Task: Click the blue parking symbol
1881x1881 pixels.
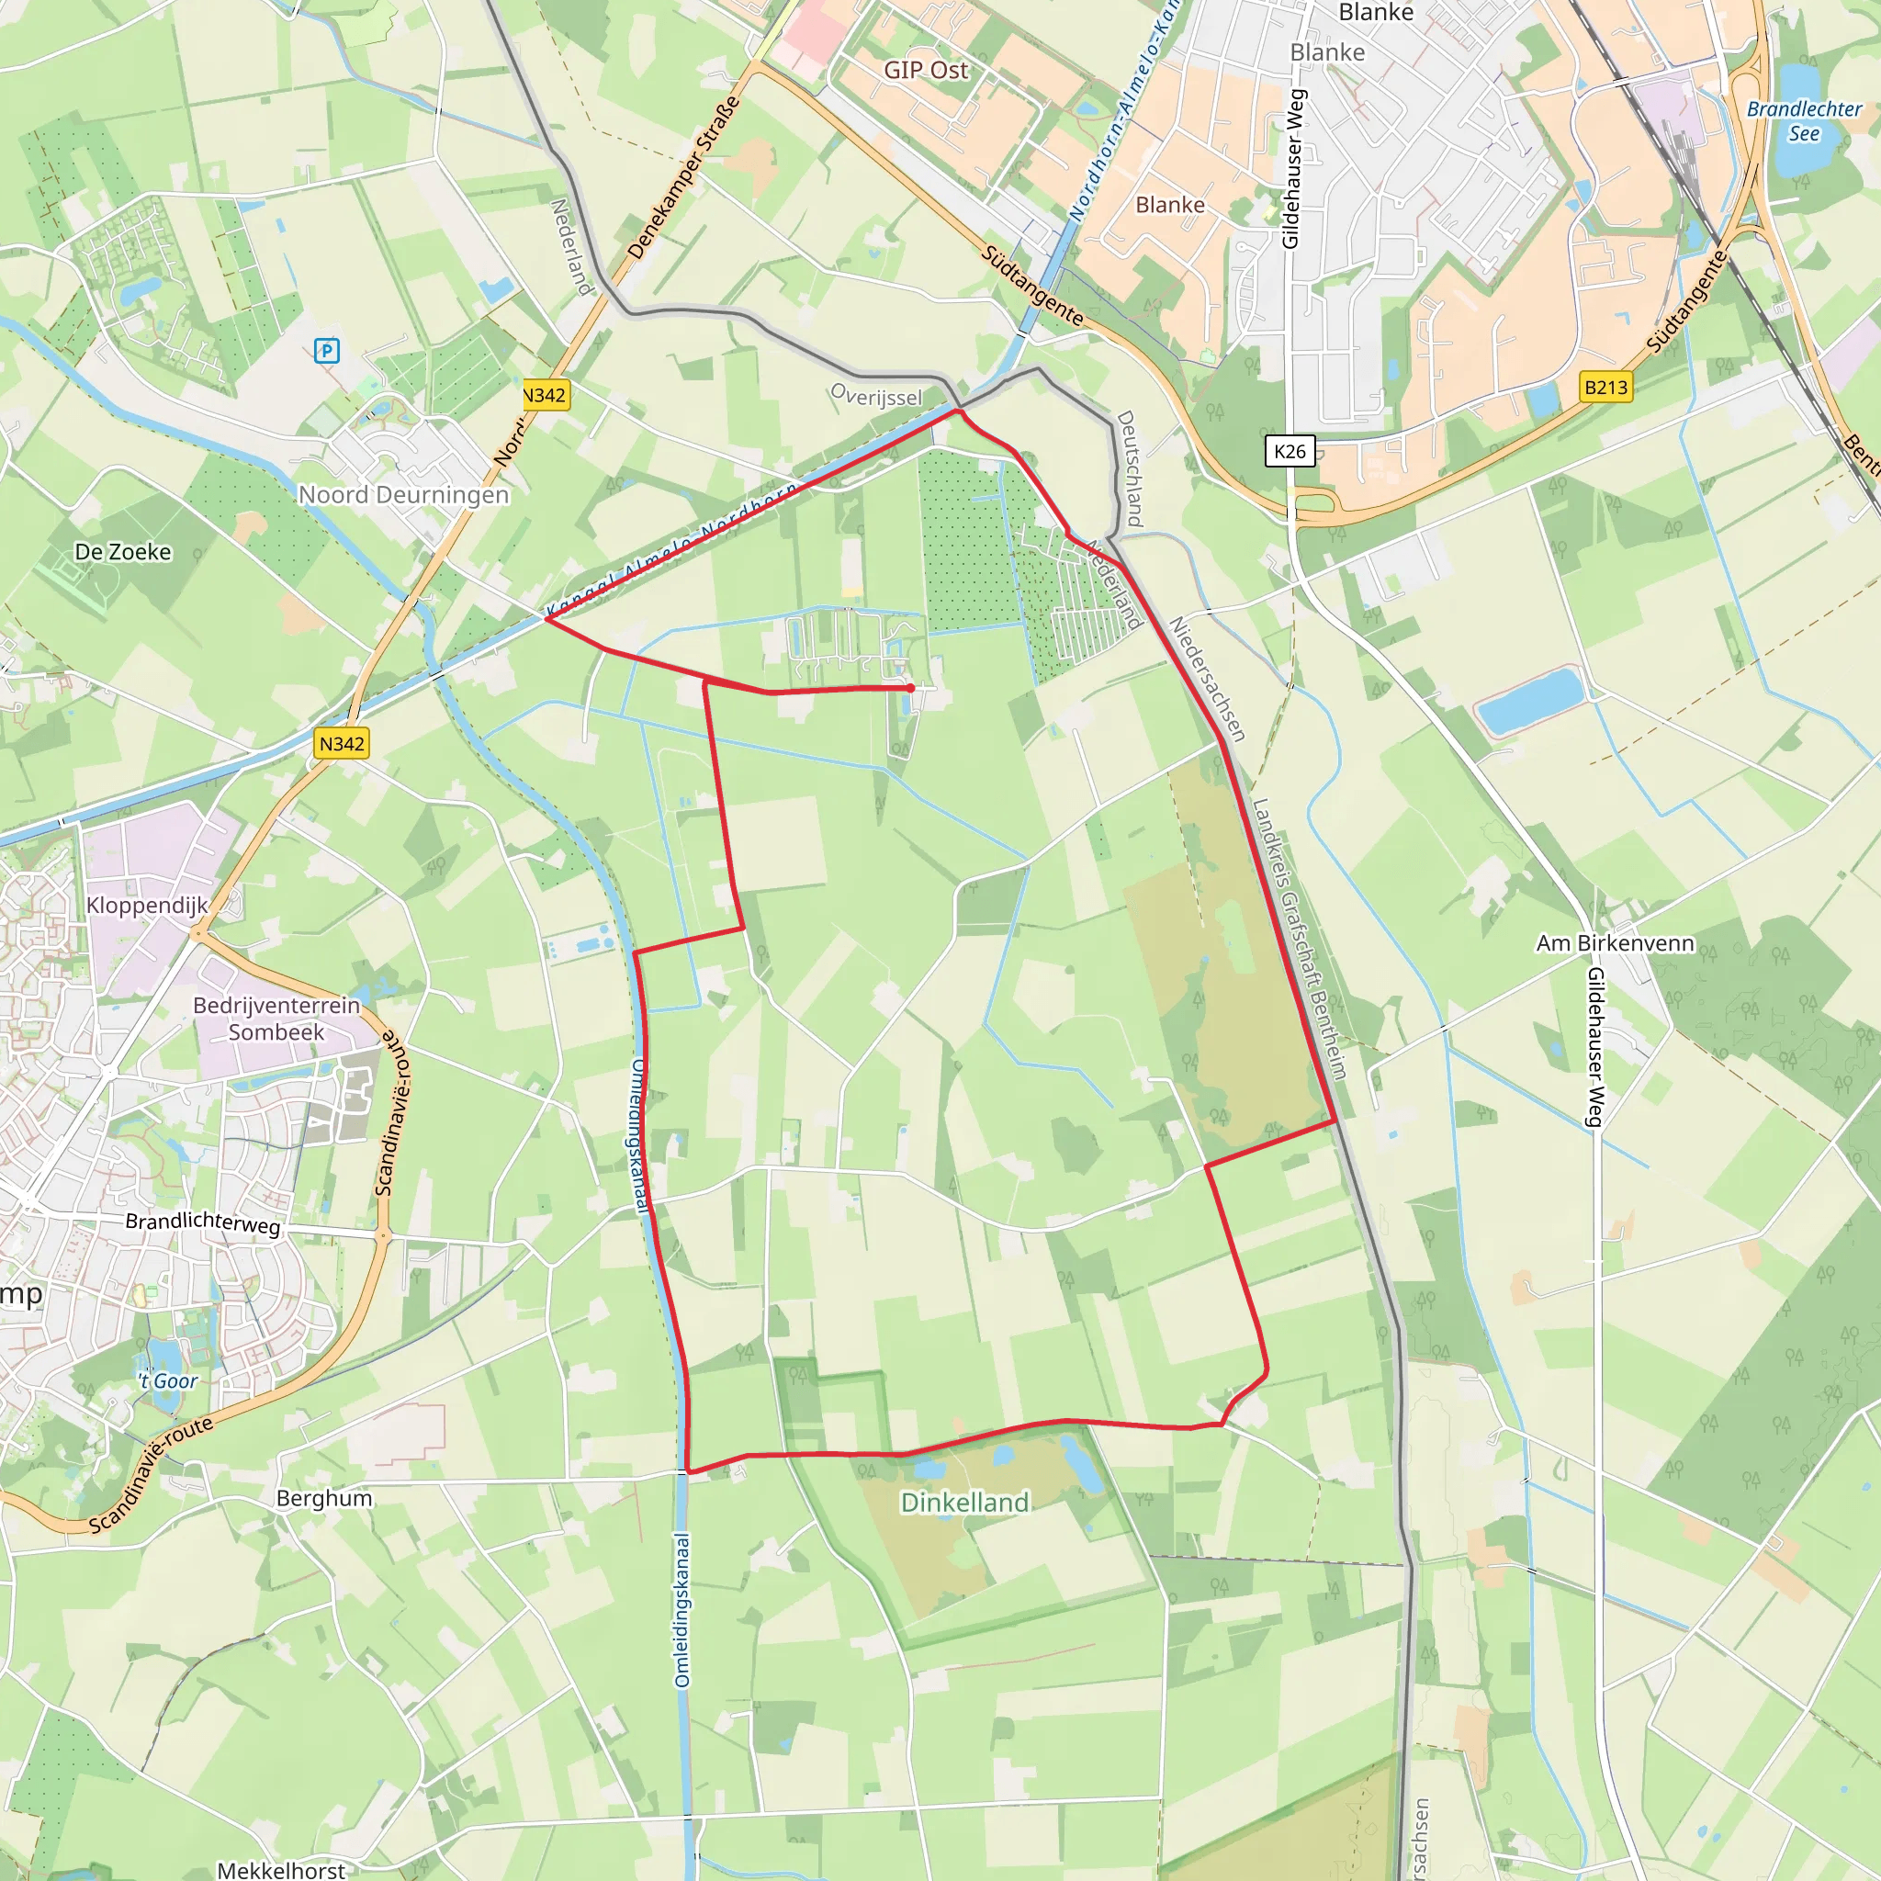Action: coord(327,351)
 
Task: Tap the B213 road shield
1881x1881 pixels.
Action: coord(1605,388)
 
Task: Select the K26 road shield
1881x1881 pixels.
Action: coord(1290,451)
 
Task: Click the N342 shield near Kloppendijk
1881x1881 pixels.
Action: coord(342,744)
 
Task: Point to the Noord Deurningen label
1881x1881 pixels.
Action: coord(403,495)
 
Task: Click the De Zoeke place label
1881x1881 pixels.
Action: coord(123,552)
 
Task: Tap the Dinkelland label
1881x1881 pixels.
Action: coord(963,1503)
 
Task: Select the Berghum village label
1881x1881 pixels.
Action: coord(324,1497)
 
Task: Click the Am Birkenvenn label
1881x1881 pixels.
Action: coord(1616,942)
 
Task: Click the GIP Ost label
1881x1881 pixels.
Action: coord(926,70)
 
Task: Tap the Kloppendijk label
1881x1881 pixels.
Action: coord(147,906)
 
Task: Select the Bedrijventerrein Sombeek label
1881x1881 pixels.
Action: coord(276,1019)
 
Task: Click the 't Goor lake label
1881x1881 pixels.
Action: coord(167,1380)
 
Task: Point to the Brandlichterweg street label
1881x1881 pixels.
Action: coord(202,1222)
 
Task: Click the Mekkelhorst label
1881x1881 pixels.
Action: coord(280,1869)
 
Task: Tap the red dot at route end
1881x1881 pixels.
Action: coord(910,687)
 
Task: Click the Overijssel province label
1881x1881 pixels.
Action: coord(876,395)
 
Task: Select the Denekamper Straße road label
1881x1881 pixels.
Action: coord(683,177)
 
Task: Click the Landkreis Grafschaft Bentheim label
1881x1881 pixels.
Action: coord(1299,940)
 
